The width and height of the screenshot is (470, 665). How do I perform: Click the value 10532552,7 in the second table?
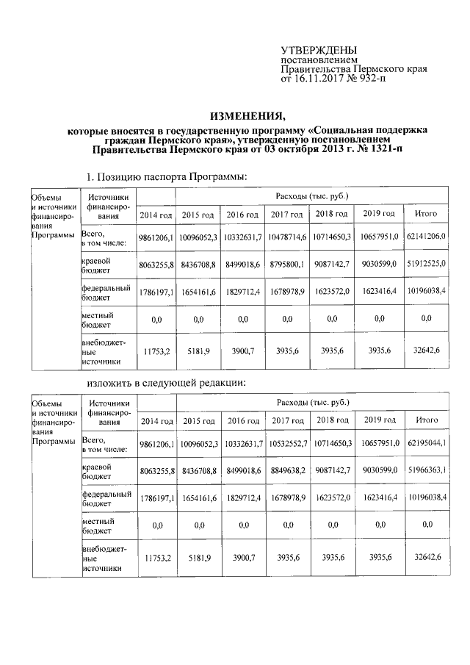click(286, 444)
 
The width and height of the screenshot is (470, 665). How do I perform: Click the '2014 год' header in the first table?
click(156, 215)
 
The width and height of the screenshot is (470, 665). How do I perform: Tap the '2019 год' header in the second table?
click(379, 420)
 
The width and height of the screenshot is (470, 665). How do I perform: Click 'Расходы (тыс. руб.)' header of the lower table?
click(311, 402)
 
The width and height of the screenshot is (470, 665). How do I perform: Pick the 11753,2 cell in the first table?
click(156, 352)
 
